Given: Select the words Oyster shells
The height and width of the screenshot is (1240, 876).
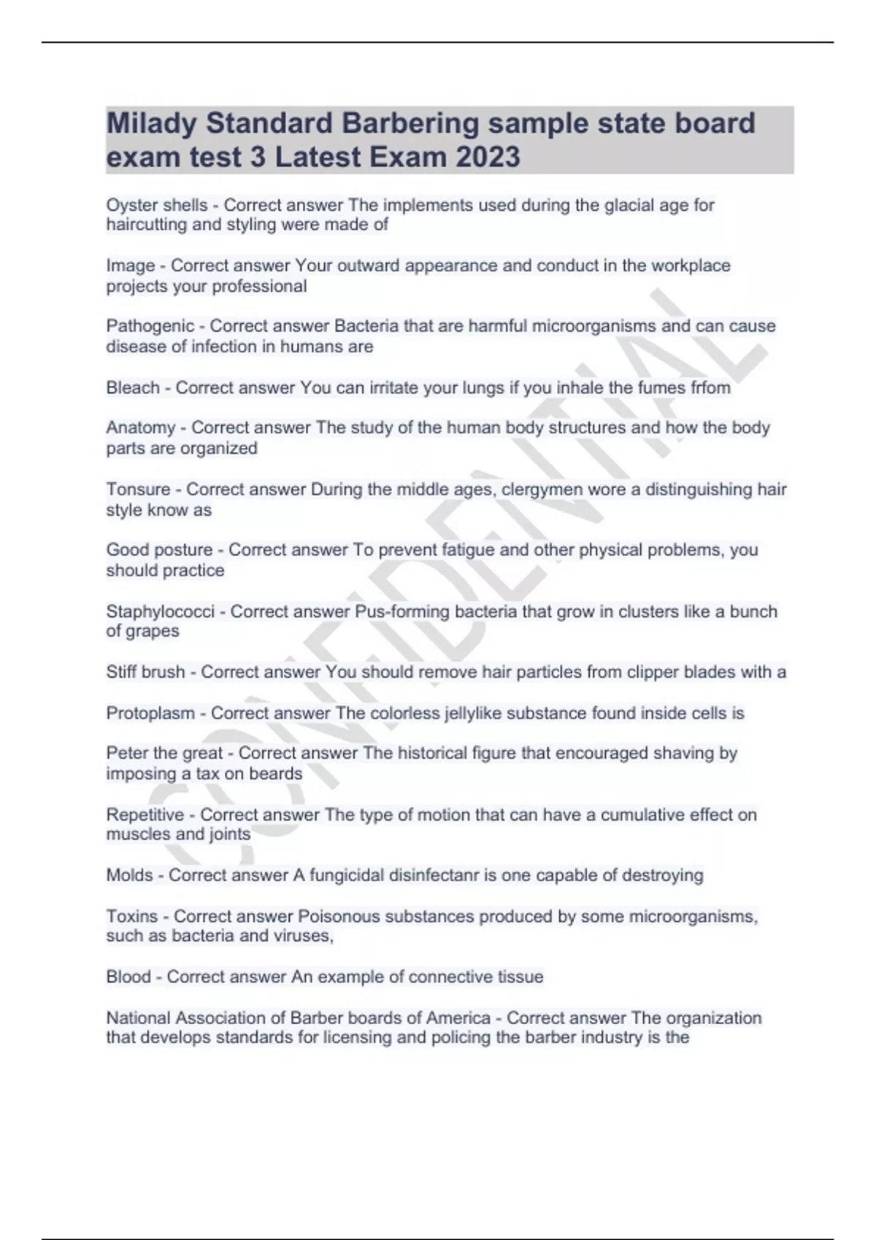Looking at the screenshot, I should (x=157, y=206).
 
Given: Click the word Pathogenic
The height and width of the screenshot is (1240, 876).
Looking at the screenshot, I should (x=150, y=326).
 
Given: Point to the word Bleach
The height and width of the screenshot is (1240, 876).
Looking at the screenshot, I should (x=133, y=387).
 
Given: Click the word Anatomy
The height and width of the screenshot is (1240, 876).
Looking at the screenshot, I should (x=141, y=427).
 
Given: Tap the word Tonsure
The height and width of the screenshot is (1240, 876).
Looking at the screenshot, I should (x=138, y=489).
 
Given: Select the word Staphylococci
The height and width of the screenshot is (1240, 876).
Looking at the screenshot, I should (x=161, y=611).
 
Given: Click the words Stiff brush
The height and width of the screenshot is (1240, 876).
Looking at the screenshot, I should (x=145, y=672).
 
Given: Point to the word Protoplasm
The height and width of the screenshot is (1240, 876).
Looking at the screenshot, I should (x=150, y=713).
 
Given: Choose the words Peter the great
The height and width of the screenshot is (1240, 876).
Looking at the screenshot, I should (x=164, y=753).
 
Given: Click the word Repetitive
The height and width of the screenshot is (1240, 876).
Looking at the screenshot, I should (x=145, y=814).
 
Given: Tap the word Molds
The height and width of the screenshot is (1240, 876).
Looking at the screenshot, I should (x=129, y=875).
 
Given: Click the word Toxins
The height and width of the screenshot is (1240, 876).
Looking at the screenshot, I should (x=131, y=915).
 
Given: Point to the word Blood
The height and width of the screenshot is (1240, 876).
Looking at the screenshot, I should (x=128, y=977).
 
